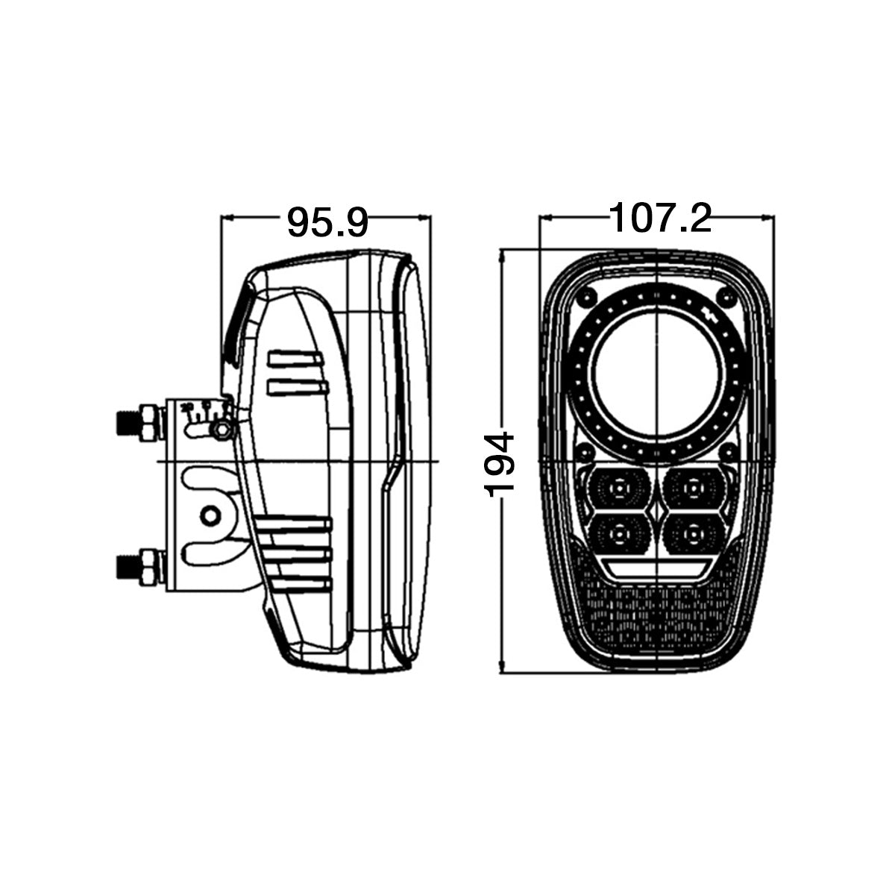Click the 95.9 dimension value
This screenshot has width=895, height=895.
(327, 222)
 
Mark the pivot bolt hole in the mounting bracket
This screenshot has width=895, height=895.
(210, 515)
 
